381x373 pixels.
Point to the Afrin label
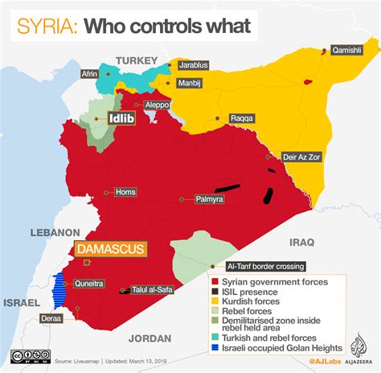click(x=89, y=74)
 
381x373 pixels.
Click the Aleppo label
click(x=158, y=105)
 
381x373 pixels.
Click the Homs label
click(x=125, y=192)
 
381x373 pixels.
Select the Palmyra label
click(x=207, y=198)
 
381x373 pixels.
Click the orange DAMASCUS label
click(x=111, y=249)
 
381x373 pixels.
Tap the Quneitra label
click(x=88, y=283)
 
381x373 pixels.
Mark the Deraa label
click(x=51, y=317)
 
